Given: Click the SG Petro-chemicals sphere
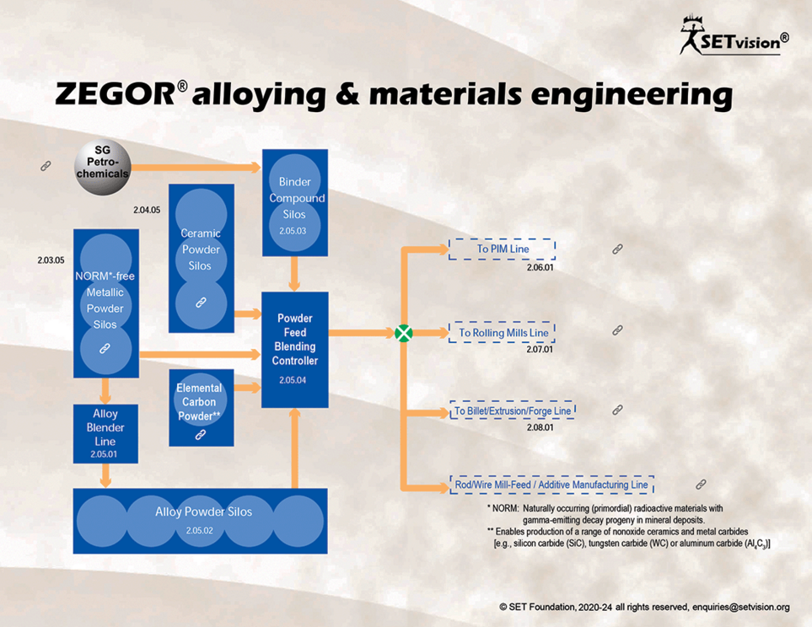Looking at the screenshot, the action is (x=103, y=167).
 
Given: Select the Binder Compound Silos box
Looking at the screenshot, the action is (x=294, y=203).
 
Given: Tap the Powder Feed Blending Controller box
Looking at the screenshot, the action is (x=294, y=350).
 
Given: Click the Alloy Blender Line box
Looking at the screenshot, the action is (x=105, y=434).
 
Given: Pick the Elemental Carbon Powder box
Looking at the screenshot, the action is (x=201, y=408).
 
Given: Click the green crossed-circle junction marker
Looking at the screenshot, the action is (x=403, y=333).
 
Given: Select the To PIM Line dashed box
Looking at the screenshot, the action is (x=503, y=249).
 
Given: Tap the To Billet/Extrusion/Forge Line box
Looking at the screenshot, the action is (x=512, y=410).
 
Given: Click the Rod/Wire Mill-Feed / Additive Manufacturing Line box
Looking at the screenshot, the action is (x=551, y=485).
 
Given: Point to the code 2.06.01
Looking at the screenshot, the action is (x=540, y=268).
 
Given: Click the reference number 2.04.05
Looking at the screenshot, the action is (x=147, y=210).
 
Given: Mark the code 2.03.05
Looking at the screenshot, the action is (x=51, y=260).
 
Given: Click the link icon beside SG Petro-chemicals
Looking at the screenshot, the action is (x=46, y=166).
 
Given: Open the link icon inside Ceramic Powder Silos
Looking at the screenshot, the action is (x=201, y=303).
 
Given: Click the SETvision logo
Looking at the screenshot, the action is (x=734, y=35).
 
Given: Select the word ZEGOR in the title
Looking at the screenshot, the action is (x=116, y=94).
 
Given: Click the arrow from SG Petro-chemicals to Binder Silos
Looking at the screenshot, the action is (x=196, y=167).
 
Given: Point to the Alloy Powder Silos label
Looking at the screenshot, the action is (x=203, y=512).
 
